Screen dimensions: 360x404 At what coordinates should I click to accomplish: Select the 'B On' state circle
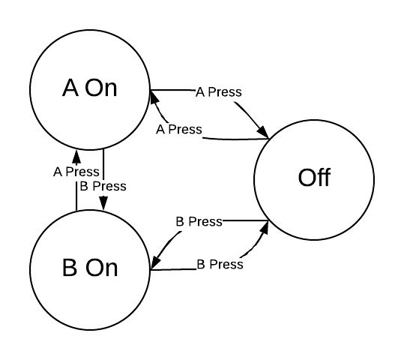[x=90, y=268]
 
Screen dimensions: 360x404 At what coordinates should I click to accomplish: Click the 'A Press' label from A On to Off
[x=218, y=92]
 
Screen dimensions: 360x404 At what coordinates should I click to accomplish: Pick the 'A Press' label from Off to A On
[x=179, y=129]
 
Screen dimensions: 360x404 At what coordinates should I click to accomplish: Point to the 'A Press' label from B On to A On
[x=76, y=171]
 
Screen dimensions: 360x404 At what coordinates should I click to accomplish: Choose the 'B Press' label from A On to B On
[x=103, y=185]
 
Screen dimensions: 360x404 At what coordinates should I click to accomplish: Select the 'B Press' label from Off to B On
[x=199, y=221]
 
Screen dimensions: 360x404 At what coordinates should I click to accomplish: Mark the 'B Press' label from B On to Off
[x=220, y=264]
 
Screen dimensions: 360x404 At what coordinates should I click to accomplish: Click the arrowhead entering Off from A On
[x=264, y=133]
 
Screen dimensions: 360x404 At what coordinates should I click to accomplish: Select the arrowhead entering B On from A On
[x=103, y=203]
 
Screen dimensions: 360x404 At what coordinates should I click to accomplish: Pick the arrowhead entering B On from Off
[x=154, y=262]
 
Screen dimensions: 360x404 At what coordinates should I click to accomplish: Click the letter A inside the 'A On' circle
[x=70, y=88]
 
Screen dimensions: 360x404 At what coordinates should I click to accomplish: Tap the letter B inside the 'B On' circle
[x=70, y=268]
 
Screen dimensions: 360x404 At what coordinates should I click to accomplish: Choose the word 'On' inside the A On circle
[x=101, y=88]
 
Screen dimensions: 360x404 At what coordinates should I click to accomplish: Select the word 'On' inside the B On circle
[x=101, y=268]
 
